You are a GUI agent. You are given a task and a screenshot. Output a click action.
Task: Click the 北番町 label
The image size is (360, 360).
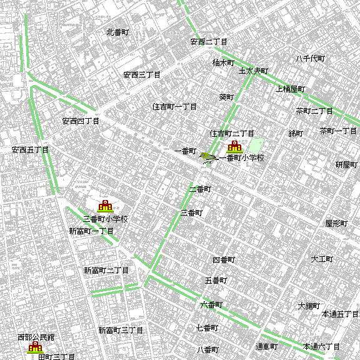(117, 32)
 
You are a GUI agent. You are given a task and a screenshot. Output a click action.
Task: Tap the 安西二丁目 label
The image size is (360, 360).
(209, 42)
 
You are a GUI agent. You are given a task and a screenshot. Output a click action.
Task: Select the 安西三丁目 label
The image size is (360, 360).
(142, 75)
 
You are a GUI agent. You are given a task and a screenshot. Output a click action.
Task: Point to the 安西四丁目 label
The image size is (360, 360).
(81, 121)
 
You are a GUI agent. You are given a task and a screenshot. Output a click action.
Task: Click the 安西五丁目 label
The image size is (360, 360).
(30, 150)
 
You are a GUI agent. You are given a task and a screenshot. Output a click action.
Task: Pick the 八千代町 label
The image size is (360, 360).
(311, 59)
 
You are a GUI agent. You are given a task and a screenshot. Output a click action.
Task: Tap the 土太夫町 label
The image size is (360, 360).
(253, 71)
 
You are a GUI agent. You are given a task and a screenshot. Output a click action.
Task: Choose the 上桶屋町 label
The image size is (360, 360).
(291, 89)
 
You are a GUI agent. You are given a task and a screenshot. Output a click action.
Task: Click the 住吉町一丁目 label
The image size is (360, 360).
(175, 107)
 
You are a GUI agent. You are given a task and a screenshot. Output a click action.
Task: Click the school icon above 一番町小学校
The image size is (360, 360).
(234, 147)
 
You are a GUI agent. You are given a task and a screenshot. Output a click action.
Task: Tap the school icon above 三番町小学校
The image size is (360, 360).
(105, 206)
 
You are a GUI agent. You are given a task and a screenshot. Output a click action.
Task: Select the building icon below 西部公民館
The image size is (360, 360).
(34, 347)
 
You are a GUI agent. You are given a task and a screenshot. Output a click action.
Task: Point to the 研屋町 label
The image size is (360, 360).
(346, 164)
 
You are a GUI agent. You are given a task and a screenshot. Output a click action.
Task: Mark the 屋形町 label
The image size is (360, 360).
(336, 223)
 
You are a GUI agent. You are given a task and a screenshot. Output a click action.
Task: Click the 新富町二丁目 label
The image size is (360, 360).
(106, 271)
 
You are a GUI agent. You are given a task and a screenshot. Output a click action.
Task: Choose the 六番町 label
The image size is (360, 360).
(211, 305)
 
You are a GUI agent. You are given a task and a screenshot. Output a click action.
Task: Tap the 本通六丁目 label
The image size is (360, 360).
(321, 346)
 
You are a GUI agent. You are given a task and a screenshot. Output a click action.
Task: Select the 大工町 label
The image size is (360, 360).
(322, 259)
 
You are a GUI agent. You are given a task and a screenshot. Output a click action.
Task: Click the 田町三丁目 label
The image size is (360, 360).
(56, 356)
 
